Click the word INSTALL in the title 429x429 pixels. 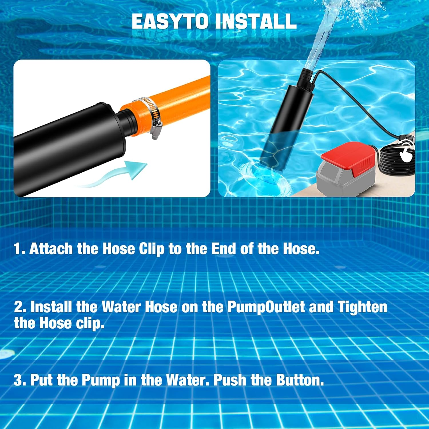(x=256, y=21)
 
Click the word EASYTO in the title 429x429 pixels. (x=170, y=21)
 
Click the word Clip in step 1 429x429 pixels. (x=152, y=249)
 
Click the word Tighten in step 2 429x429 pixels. (x=362, y=307)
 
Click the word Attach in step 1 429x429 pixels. (x=51, y=249)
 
